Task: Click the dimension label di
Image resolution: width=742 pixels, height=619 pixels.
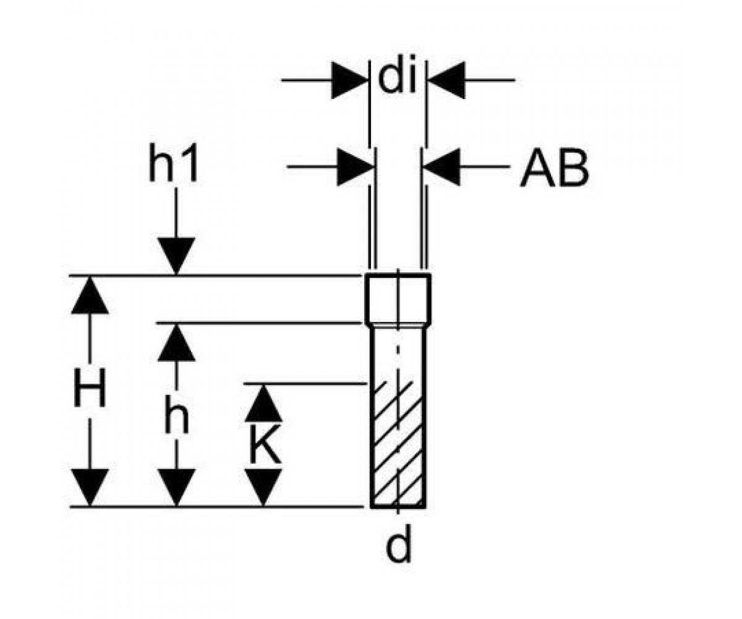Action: [x=397, y=79]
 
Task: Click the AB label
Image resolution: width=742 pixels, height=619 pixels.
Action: [x=555, y=168]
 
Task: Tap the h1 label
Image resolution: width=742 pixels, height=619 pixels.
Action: [x=173, y=163]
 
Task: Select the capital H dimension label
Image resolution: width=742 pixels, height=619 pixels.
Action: [x=90, y=387]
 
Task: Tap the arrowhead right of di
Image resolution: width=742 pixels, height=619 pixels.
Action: [x=446, y=80]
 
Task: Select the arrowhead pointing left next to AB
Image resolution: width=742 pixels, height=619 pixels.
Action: [x=441, y=167]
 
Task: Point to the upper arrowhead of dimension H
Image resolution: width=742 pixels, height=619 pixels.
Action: [x=90, y=295]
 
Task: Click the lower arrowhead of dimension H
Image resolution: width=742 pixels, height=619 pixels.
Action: [x=90, y=488]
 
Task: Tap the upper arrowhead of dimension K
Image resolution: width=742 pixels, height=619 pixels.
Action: [x=263, y=403]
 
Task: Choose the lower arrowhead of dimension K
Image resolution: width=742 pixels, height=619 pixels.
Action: [x=263, y=488]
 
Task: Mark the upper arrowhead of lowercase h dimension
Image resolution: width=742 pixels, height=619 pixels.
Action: [x=177, y=342]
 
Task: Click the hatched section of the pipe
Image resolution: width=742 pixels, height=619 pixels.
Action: [x=398, y=444]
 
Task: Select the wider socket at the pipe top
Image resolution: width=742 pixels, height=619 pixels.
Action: [x=398, y=299]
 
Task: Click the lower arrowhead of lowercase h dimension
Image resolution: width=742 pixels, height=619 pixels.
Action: [x=177, y=488]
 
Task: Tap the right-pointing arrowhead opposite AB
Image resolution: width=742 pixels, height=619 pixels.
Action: [x=356, y=167]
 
